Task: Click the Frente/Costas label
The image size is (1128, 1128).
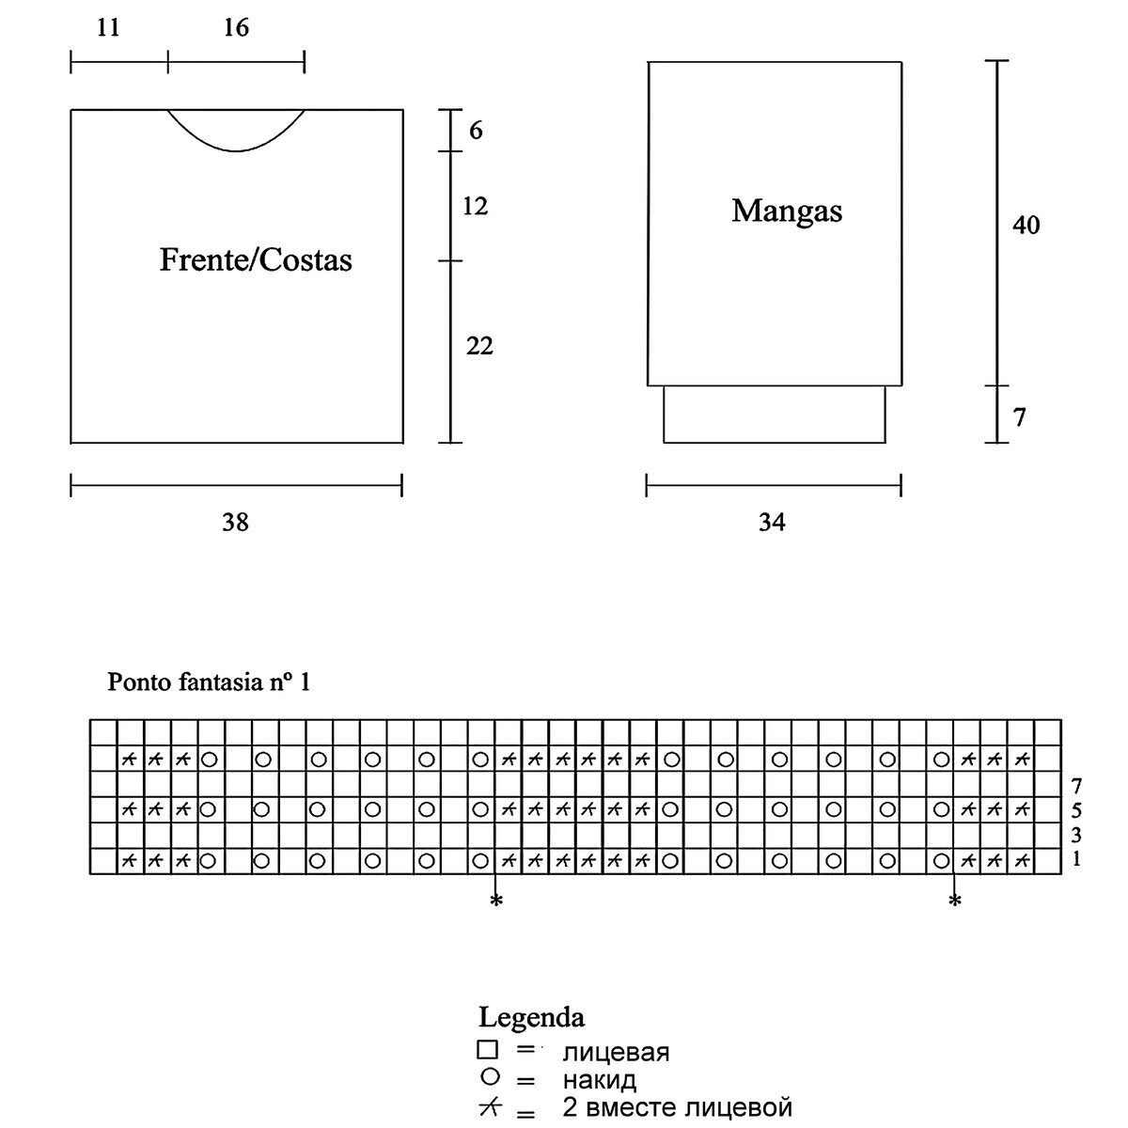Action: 256,259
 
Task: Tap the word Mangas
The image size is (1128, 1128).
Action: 787,211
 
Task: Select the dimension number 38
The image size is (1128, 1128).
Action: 235,523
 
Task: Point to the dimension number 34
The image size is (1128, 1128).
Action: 772,523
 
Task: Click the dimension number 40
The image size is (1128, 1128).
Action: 1026,226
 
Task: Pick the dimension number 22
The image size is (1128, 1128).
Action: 479,347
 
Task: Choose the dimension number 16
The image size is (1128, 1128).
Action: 236,28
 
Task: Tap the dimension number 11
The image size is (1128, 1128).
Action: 108,28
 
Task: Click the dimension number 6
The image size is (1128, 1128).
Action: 476,131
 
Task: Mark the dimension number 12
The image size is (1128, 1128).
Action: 476,206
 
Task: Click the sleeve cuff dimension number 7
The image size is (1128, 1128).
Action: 1020,416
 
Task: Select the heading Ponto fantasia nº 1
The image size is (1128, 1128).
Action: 209,681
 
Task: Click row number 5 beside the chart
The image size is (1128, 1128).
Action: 1075,809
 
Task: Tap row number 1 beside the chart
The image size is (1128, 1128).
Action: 1075,858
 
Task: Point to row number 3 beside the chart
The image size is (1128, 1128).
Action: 1075,835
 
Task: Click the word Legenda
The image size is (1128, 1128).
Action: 531,1017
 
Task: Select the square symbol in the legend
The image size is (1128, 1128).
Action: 487,1050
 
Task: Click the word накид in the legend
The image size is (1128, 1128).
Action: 600,1080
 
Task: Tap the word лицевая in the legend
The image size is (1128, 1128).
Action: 616,1052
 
